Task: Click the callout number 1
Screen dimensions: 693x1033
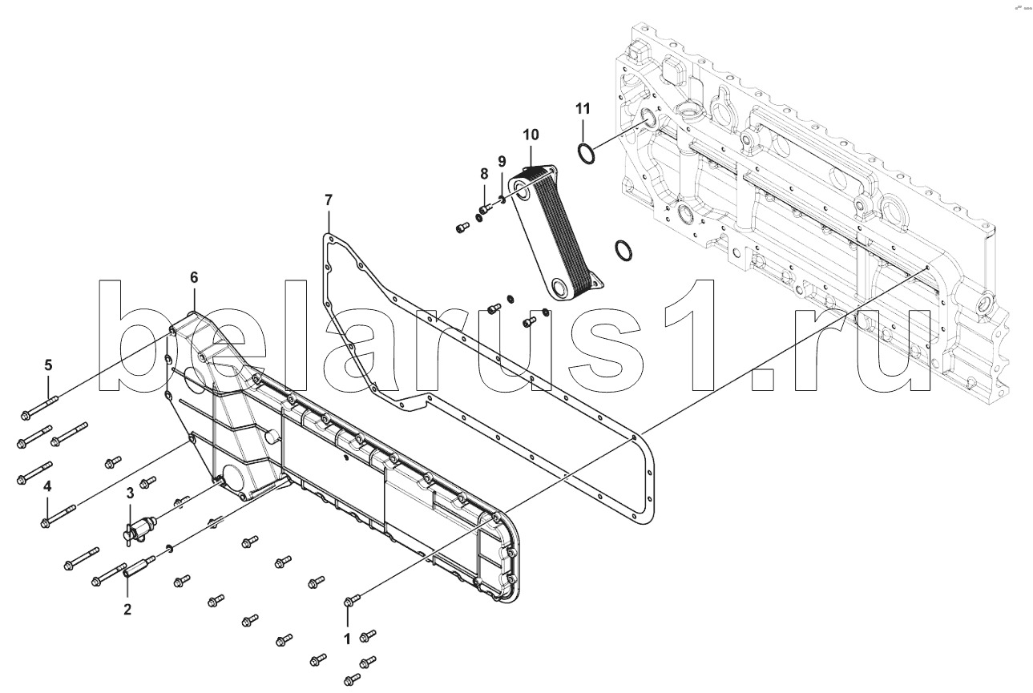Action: pos(347,639)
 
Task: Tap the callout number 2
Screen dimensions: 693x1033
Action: pos(127,610)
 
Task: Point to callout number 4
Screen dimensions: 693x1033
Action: pos(48,486)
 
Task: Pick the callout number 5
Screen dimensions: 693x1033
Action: pos(48,365)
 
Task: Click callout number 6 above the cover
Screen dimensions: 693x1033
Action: pos(193,277)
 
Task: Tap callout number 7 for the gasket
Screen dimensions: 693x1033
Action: pos(329,199)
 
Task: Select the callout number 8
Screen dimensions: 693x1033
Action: pos(484,173)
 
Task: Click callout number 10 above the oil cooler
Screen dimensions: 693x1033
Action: pos(531,133)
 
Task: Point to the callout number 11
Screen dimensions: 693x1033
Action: pos(583,107)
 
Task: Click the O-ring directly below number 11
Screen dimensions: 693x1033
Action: pos(586,151)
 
